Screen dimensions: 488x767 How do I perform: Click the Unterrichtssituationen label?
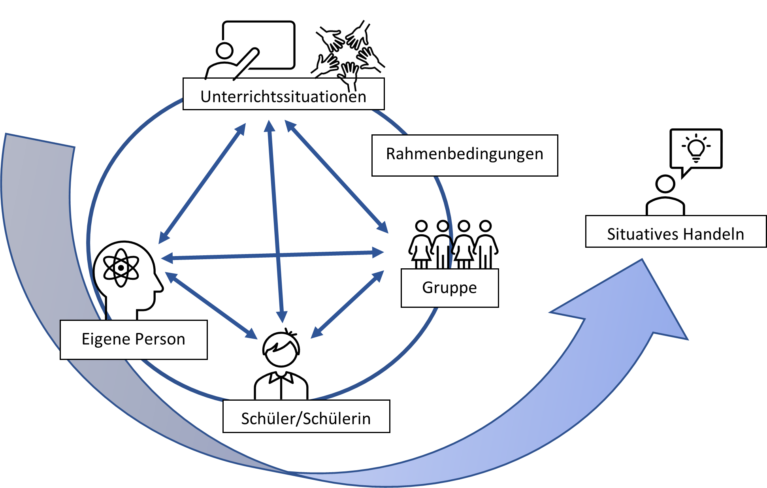tap(283, 96)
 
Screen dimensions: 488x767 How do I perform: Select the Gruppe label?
tap(449, 288)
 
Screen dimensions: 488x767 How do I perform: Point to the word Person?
tap(160, 339)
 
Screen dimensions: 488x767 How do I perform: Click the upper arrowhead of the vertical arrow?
tap(269, 126)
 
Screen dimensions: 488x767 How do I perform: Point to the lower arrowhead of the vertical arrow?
tap(282, 317)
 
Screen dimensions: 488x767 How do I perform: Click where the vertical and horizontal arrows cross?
tap(278, 255)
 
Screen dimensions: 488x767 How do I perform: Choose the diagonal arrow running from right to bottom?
tap(347, 304)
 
